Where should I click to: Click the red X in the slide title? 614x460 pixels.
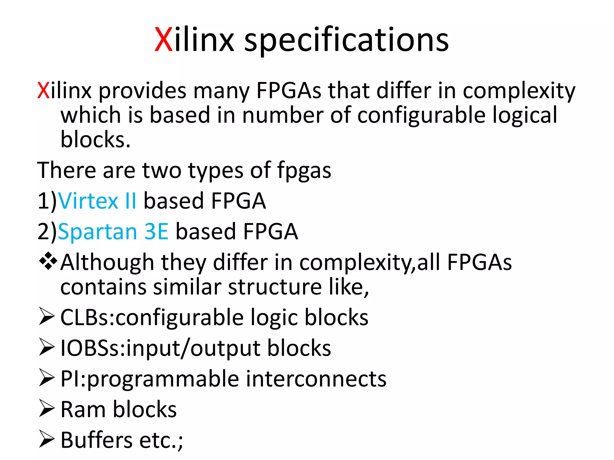click(163, 40)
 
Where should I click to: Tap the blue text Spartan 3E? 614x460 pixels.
click(113, 231)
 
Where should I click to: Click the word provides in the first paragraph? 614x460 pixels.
click(142, 91)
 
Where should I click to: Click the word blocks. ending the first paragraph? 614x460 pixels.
click(95, 140)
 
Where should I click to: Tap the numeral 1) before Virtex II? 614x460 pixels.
click(47, 201)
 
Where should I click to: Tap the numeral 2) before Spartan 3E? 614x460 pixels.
click(47, 232)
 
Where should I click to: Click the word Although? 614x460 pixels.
click(107, 262)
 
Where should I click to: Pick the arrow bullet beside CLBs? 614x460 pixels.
click(47, 317)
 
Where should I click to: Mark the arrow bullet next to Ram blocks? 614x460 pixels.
click(47, 408)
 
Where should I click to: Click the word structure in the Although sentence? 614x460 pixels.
click(275, 287)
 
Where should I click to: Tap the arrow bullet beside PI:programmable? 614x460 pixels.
click(47, 378)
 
